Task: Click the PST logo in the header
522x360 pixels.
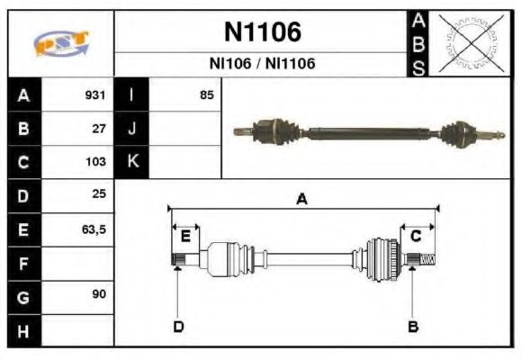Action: click(60, 42)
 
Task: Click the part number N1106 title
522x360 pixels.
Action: click(262, 32)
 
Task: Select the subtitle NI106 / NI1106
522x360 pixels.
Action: click(262, 64)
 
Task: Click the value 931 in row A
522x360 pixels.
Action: click(94, 94)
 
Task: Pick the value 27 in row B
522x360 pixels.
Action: click(99, 129)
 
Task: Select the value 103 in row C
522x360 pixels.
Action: click(94, 163)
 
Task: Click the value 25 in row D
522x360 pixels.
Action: click(99, 195)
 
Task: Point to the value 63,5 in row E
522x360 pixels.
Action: click(94, 229)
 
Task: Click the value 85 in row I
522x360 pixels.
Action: click(207, 94)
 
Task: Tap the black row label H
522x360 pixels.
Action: click(22, 330)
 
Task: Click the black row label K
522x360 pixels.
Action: click(132, 162)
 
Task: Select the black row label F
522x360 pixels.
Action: click(22, 263)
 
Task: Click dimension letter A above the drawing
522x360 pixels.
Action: click(302, 199)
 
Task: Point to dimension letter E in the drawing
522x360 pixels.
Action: click(185, 236)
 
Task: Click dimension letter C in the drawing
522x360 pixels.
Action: click(416, 236)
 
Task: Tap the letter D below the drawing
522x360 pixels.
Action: click(178, 326)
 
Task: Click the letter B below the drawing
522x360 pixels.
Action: click(413, 326)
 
